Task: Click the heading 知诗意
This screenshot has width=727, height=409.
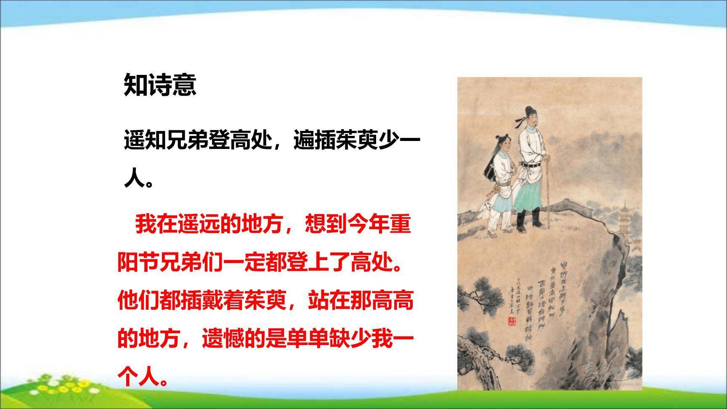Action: coord(160,85)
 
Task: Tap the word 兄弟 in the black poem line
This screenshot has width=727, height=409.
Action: coord(187,141)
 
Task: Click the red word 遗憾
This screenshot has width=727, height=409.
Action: coord(223,338)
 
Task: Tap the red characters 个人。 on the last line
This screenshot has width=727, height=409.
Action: coord(143,377)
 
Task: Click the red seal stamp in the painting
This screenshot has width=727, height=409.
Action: coord(512,322)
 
